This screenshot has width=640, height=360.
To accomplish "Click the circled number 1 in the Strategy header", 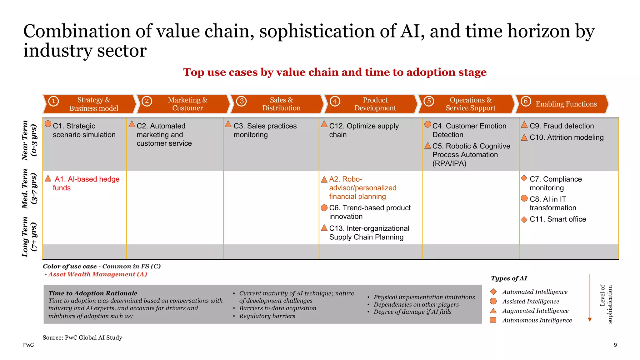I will [x=53, y=101].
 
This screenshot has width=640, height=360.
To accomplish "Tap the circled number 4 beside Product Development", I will [x=335, y=101].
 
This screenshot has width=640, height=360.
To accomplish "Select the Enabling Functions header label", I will [x=566, y=104].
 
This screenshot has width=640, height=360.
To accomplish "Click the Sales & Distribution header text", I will [x=281, y=104].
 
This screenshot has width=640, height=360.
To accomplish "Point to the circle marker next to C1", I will [x=48, y=124].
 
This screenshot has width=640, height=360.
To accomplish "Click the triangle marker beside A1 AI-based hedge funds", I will [x=48, y=178].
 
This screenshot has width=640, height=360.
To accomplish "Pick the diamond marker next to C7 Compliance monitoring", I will [x=524, y=178].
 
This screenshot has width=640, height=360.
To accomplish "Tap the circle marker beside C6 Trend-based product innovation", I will [x=324, y=208].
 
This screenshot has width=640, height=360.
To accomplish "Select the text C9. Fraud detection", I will [x=562, y=126].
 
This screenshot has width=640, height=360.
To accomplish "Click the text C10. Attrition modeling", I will [x=566, y=137].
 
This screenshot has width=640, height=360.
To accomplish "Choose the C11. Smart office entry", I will [x=557, y=219].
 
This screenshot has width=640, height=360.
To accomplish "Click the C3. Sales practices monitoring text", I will [x=265, y=130].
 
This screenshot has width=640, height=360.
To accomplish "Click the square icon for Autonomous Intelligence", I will [x=493, y=320].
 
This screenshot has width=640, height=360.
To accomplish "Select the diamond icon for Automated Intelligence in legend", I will [x=493, y=292].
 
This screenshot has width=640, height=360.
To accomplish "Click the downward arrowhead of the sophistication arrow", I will [x=590, y=319].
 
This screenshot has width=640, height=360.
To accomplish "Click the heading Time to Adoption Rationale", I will [x=93, y=293].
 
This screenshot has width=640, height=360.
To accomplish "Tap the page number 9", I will [x=615, y=345].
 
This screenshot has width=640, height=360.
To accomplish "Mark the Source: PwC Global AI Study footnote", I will [x=82, y=337].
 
